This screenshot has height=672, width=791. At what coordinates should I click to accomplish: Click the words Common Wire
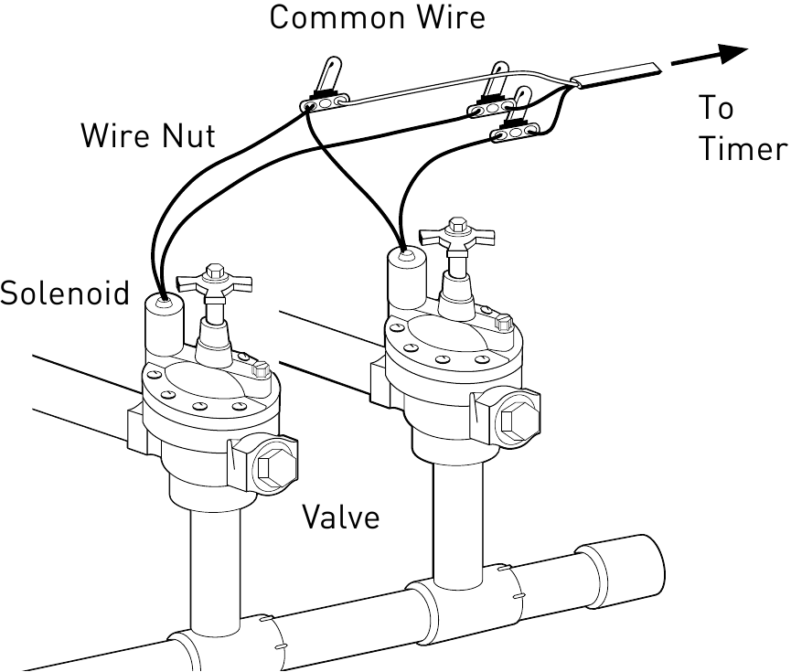[377, 16]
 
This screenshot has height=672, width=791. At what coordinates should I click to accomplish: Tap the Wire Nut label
[148, 136]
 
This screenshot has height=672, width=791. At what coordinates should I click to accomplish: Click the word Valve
[340, 517]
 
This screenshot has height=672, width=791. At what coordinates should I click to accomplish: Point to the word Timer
[743, 149]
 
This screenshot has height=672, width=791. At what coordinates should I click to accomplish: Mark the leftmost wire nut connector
[326, 101]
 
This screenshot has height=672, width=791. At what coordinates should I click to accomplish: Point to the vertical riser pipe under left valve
[212, 562]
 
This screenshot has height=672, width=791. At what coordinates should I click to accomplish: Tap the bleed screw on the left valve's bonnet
[259, 372]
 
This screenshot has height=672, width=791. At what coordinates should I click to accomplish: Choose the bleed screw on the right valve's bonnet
[502, 323]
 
